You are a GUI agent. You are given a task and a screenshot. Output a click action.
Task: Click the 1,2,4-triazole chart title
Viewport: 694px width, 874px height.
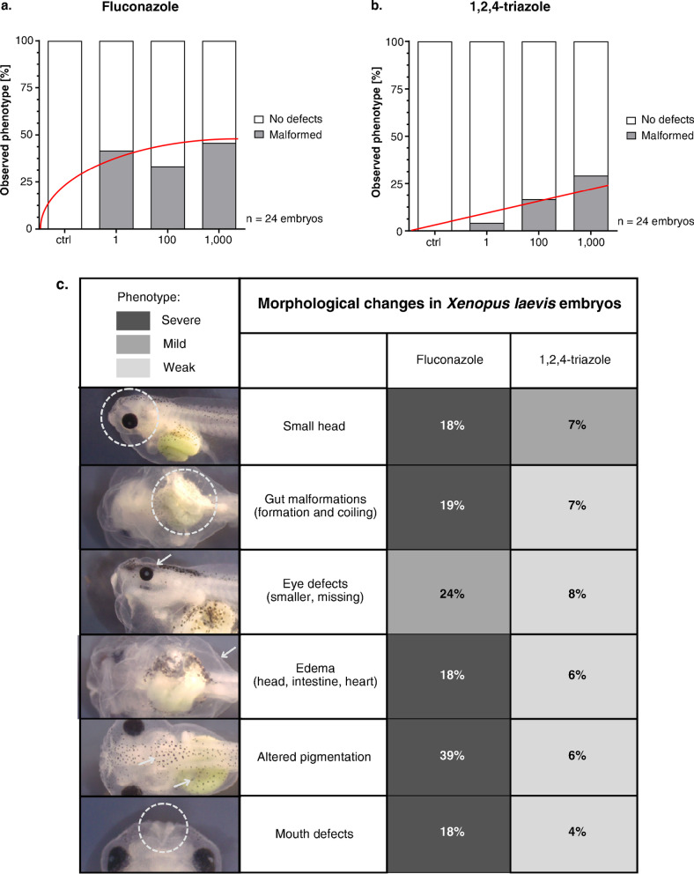coord(491,11)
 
